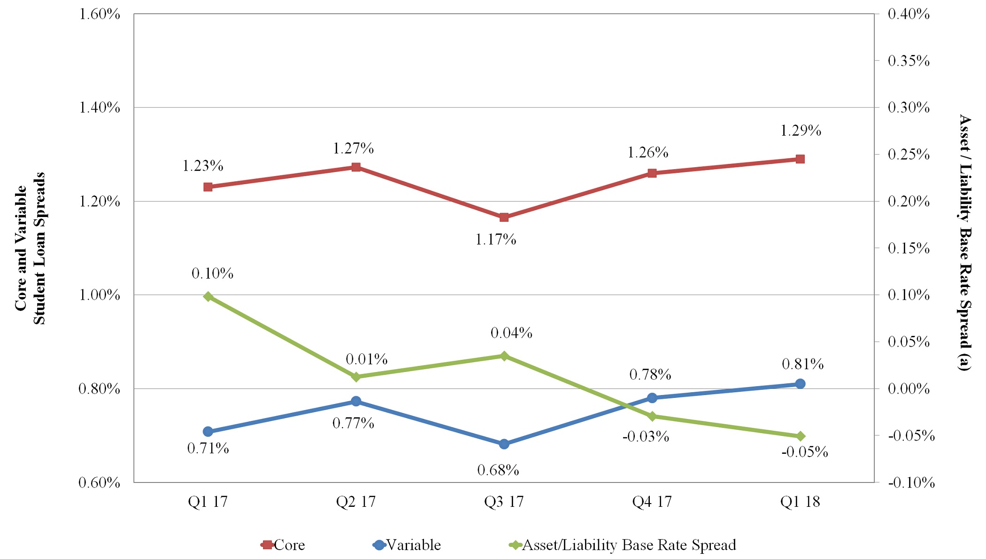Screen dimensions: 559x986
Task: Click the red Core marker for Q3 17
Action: click(504, 217)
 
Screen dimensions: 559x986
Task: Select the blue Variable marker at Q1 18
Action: click(800, 384)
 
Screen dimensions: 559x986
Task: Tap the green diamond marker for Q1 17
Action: click(208, 296)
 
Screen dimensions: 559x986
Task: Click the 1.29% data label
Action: click(801, 131)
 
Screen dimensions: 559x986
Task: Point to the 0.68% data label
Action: click(498, 470)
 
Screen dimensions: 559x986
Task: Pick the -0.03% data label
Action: click(646, 436)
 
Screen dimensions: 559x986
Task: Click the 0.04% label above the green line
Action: click(511, 333)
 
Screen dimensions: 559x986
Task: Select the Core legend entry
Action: click(284, 545)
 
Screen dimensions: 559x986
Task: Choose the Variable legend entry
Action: click(408, 545)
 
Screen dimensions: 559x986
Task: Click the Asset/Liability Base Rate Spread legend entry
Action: click(623, 545)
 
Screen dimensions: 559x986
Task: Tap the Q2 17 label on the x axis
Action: click(355, 502)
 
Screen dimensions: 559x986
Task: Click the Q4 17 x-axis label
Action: click(652, 502)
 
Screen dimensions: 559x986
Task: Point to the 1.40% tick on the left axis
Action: click(99, 108)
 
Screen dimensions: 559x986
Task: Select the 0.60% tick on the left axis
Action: click(99, 482)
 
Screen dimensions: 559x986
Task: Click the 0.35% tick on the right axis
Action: click(909, 61)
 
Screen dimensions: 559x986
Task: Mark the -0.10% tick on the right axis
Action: click(911, 482)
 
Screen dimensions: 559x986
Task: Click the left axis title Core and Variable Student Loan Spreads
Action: click(30, 248)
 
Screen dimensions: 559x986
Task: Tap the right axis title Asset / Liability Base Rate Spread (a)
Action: click(964, 242)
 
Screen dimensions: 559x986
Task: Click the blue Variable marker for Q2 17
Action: click(356, 401)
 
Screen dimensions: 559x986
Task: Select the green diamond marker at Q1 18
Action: click(800, 436)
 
